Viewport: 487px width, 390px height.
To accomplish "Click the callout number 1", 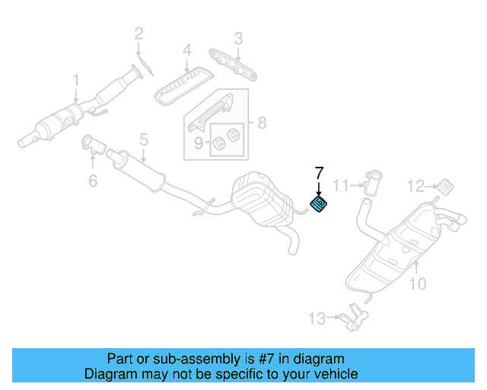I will click(76, 79).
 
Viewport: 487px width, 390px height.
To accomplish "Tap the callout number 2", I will click(138, 33).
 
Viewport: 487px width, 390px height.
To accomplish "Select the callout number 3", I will click(237, 38).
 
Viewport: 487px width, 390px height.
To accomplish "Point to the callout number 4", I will click(186, 53).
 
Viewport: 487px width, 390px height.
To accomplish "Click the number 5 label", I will click(142, 139).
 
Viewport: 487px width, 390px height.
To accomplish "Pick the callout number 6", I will click(93, 181).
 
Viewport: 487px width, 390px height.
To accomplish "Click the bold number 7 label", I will click(319, 172).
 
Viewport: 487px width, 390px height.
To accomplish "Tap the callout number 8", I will click(261, 122).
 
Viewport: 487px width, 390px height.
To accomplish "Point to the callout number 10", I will click(417, 285).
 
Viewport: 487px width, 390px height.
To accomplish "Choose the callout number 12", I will click(415, 185).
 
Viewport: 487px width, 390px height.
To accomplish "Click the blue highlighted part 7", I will click(318, 203).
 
